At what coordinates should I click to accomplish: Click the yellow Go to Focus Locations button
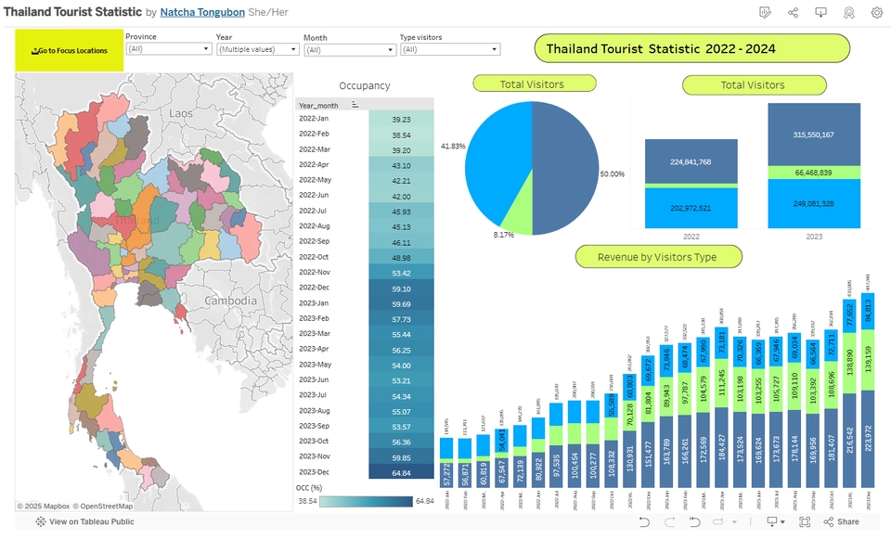click(70, 50)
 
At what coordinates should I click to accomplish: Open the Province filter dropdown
click(168, 49)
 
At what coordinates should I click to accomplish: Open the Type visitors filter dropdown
click(449, 50)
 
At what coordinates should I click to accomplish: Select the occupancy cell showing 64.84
click(401, 472)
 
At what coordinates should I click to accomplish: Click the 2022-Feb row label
click(315, 135)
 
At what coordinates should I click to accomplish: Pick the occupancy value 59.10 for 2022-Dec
click(401, 289)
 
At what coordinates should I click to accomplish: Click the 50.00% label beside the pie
click(612, 174)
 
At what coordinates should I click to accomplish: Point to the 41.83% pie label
click(453, 147)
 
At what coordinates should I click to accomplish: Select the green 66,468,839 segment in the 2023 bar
click(813, 173)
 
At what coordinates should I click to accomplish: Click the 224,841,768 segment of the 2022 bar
click(691, 161)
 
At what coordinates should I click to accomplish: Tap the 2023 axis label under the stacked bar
click(813, 237)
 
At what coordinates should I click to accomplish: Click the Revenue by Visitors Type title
click(657, 257)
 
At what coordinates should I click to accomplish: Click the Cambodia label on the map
click(230, 302)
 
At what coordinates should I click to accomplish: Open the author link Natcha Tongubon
click(202, 12)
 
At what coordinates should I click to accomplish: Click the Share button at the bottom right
click(841, 522)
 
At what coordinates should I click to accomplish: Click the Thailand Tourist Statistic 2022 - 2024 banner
click(692, 48)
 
